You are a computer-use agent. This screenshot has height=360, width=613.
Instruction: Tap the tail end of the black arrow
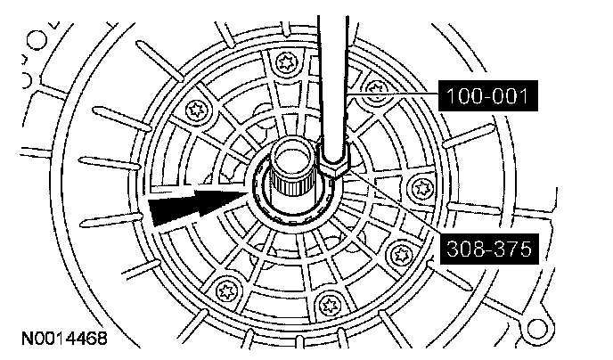153,214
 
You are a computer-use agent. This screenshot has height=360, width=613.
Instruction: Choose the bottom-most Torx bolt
330,302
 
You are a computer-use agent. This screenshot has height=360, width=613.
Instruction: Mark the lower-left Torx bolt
221,287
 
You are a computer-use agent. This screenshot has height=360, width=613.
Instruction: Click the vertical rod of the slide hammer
334,71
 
